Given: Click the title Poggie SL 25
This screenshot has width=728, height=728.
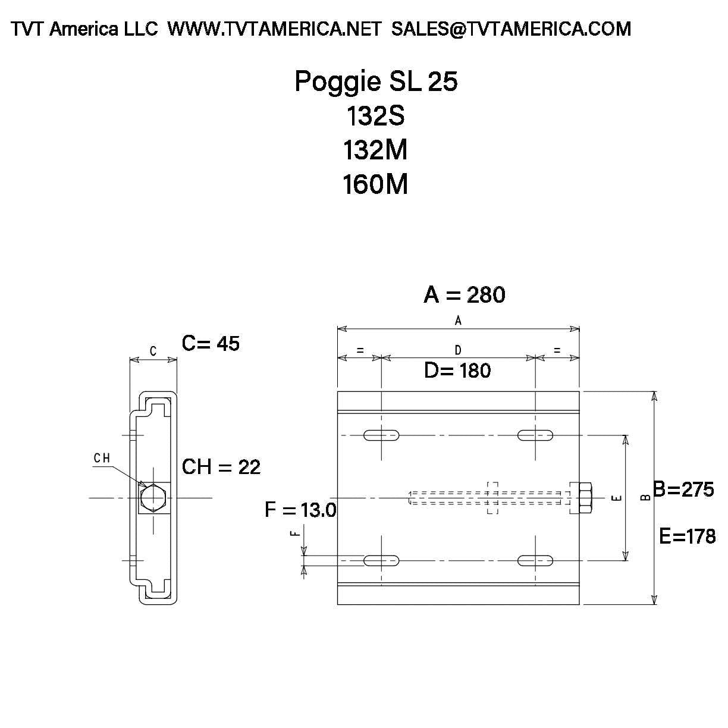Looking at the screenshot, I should tap(376, 81).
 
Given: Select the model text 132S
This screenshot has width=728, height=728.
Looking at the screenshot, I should tap(375, 116).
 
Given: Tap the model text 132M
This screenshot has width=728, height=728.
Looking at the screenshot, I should tap(375, 150).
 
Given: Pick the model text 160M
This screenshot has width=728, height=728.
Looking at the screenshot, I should tap(375, 184).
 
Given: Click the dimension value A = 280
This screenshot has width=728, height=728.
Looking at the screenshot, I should tap(464, 294).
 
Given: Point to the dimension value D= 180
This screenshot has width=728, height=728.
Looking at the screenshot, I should tap(457, 371).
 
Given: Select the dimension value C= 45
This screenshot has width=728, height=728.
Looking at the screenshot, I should tap(211, 343).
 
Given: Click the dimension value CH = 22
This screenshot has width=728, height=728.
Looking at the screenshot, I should tap(221, 467).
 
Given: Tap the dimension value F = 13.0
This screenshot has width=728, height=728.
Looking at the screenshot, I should tap(300, 510).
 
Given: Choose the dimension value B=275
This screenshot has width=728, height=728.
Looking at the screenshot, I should tap(683, 489).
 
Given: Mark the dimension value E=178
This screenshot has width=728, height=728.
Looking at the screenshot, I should tap(688, 536).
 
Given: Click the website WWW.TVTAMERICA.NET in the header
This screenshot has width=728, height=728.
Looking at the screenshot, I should tap(274, 29).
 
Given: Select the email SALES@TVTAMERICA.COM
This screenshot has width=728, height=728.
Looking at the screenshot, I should tap(511, 29).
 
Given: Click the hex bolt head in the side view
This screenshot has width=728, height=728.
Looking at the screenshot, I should tap(153, 497).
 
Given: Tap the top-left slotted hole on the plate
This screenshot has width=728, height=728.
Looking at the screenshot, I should tap(381, 435).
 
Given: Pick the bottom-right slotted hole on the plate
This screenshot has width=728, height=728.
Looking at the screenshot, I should tap(535, 560).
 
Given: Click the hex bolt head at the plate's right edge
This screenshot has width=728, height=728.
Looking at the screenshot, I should tap(583, 498).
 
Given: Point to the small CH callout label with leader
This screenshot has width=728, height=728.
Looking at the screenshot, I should tap(102, 458).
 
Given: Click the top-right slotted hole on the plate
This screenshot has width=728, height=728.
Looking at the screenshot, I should tap(535, 435).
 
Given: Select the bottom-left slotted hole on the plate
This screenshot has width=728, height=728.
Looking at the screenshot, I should tap(381, 560).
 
